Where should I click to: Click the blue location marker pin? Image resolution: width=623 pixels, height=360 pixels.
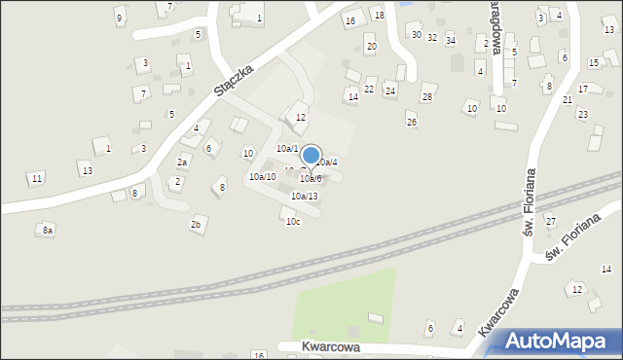311,156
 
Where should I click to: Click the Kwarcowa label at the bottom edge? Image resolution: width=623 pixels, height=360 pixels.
318,346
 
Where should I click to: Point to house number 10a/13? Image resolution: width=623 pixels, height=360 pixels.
304,196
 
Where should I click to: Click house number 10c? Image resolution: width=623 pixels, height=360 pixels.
293,222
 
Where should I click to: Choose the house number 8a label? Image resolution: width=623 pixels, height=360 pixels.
47,231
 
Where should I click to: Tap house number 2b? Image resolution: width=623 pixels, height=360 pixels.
196,225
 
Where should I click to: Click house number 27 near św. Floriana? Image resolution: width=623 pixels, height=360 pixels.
550,222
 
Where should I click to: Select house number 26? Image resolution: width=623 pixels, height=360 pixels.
412,122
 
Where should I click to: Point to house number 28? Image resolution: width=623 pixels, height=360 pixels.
426,97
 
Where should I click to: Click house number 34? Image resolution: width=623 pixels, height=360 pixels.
451,40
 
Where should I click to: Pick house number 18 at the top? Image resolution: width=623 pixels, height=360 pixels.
380,16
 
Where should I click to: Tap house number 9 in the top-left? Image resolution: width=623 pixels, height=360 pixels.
119,18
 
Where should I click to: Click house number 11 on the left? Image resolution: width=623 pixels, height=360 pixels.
36,178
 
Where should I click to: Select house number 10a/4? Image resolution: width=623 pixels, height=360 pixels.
327,162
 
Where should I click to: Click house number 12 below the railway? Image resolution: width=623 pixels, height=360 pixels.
576,290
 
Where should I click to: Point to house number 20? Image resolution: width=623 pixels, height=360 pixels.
371,46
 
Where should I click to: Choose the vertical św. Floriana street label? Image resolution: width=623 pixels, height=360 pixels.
530,201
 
